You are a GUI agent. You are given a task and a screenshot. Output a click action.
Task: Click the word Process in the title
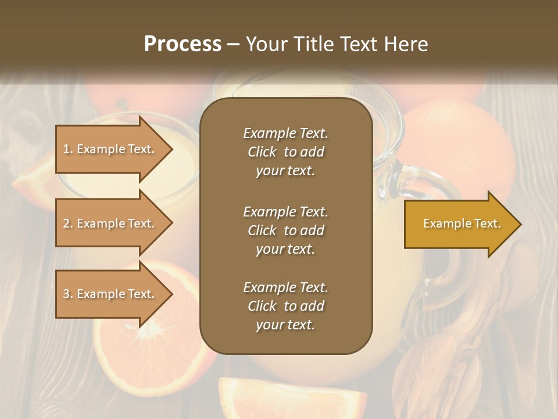183,44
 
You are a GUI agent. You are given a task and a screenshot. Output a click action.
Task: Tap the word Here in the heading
405,44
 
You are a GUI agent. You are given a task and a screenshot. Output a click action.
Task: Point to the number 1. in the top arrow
68,149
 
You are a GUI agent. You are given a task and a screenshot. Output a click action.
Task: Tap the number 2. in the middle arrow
68,223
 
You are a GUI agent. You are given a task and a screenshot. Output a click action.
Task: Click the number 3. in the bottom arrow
68,294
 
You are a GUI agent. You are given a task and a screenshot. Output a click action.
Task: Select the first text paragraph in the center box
285,152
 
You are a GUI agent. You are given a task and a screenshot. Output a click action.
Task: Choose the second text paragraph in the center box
285,230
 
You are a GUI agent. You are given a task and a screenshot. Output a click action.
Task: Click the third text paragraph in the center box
285,306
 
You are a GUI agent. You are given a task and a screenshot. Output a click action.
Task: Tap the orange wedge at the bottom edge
256,399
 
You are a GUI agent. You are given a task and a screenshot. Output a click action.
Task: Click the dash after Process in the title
233,44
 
